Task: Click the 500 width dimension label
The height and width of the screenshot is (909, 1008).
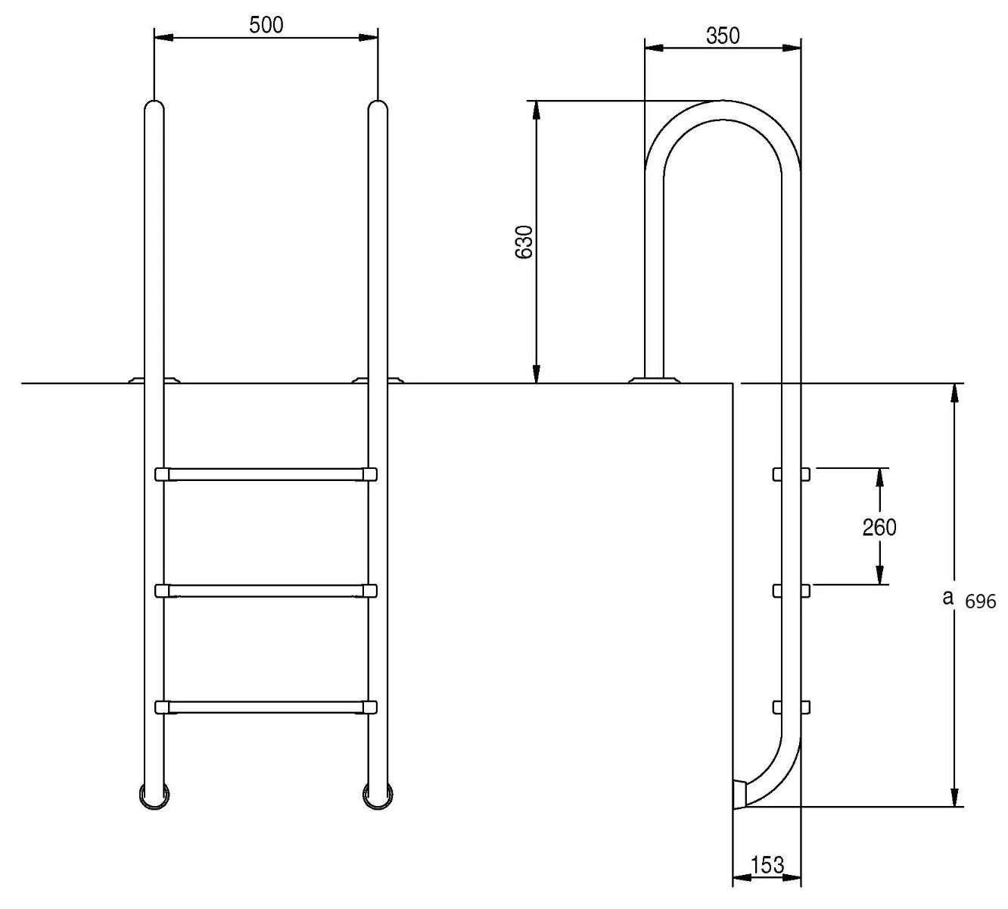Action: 266,25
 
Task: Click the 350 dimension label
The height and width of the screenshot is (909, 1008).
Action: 723,36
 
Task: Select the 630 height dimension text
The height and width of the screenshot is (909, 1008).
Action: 524,242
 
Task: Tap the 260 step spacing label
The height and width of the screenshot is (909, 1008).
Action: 879,527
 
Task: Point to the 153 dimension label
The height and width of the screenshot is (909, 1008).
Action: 767,865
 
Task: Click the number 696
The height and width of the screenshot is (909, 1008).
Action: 981,603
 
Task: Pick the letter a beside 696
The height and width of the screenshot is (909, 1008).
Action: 946,598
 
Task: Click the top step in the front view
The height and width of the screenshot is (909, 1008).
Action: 266,474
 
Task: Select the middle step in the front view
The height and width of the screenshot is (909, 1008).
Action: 266,590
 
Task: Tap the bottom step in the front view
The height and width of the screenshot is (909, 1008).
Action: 266,707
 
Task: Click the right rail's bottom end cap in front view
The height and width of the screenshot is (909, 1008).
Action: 378,795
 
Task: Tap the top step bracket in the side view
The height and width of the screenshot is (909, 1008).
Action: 791,474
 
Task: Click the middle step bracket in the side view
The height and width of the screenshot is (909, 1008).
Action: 791,590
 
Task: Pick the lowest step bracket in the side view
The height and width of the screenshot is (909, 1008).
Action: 791,707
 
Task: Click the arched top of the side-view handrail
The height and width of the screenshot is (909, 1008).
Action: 723,111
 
